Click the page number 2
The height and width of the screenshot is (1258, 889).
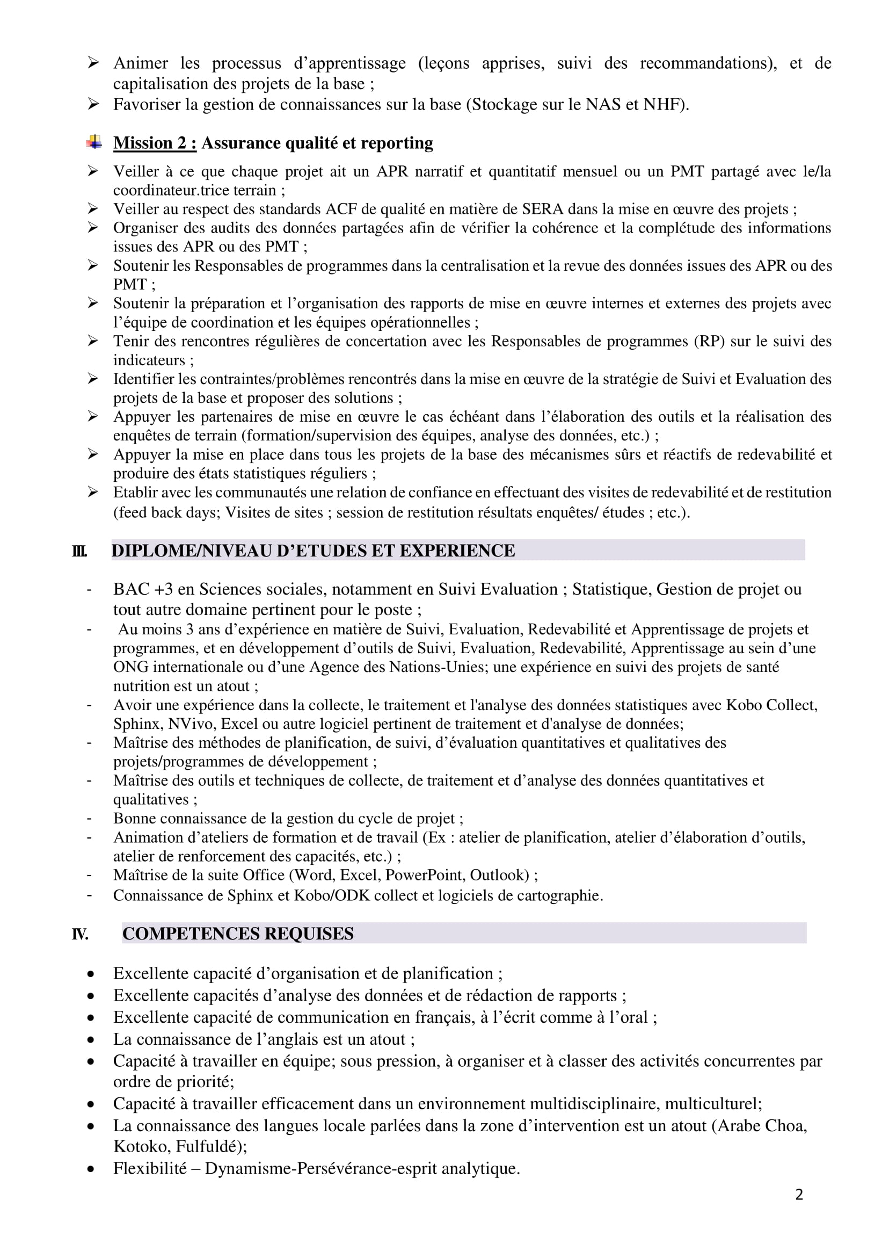click(799, 1195)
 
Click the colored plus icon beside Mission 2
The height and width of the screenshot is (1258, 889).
click(94, 142)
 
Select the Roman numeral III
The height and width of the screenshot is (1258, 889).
click(79, 551)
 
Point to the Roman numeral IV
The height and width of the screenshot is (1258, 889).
click(80, 934)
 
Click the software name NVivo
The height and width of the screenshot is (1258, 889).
click(192, 724)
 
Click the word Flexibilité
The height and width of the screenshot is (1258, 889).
click(150, 1169)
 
